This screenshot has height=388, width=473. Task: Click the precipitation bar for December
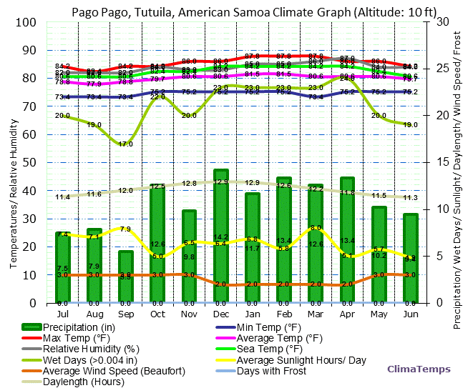tap(221, 237)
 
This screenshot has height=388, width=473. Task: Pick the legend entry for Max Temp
tap(75, 338)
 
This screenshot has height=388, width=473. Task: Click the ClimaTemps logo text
tap(419, 369)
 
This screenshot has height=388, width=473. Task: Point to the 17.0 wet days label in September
tap(126, 144)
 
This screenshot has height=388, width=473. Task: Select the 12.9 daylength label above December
tap(221, 182)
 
